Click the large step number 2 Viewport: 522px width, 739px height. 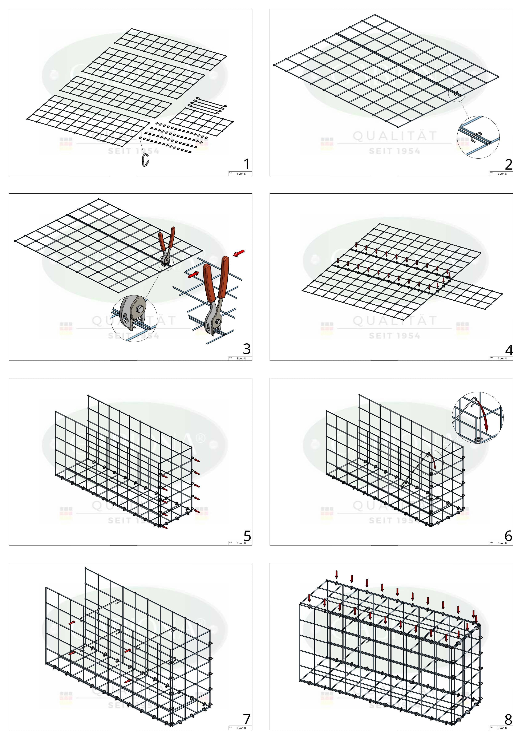coord(508,165)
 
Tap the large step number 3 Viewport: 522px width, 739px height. coord(247,349)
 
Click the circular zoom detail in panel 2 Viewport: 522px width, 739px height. coord(478,137)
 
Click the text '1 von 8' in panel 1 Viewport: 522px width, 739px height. coord(241,174)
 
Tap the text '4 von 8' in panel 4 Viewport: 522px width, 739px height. coord(502,359)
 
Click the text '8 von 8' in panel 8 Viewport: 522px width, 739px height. coord(502,728)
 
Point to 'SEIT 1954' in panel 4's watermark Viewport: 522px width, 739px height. coord(394,336)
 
